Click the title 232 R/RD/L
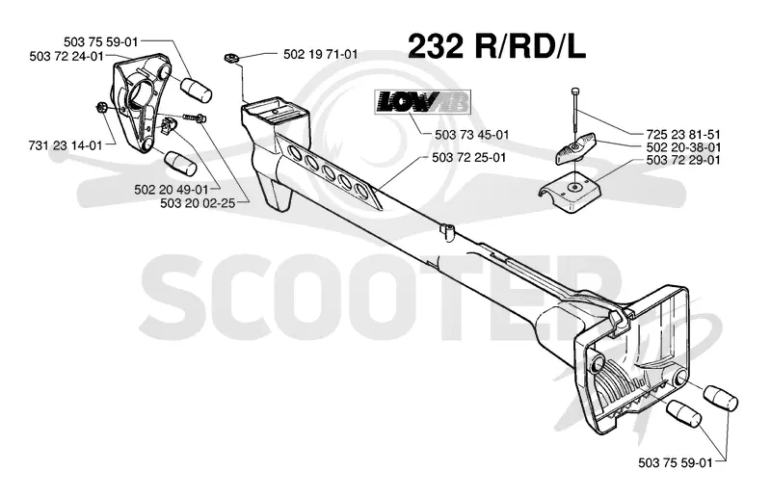(x=496, y=47)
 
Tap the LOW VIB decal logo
(x=423, y=101)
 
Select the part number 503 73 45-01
(x=471, y=134)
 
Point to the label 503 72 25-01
(x=468, y=157)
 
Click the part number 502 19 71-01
(x=321, y=54)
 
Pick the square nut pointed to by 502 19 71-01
(x=230, y=58)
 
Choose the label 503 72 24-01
(x=66, y=56)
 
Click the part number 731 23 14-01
(x=66, y=145)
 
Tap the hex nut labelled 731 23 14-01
(x=101, y=107)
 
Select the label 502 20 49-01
(x=172, y=189)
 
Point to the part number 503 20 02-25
(x=198, y=202)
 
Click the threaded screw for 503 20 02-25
(x=196, y=117)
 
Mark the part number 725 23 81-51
(x=683, y=134)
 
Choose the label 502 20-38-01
(x=683, y=147)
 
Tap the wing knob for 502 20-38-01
(x=575, y=150)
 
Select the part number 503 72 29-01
(x=683, y=160)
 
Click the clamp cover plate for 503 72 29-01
(x=571, y=193)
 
